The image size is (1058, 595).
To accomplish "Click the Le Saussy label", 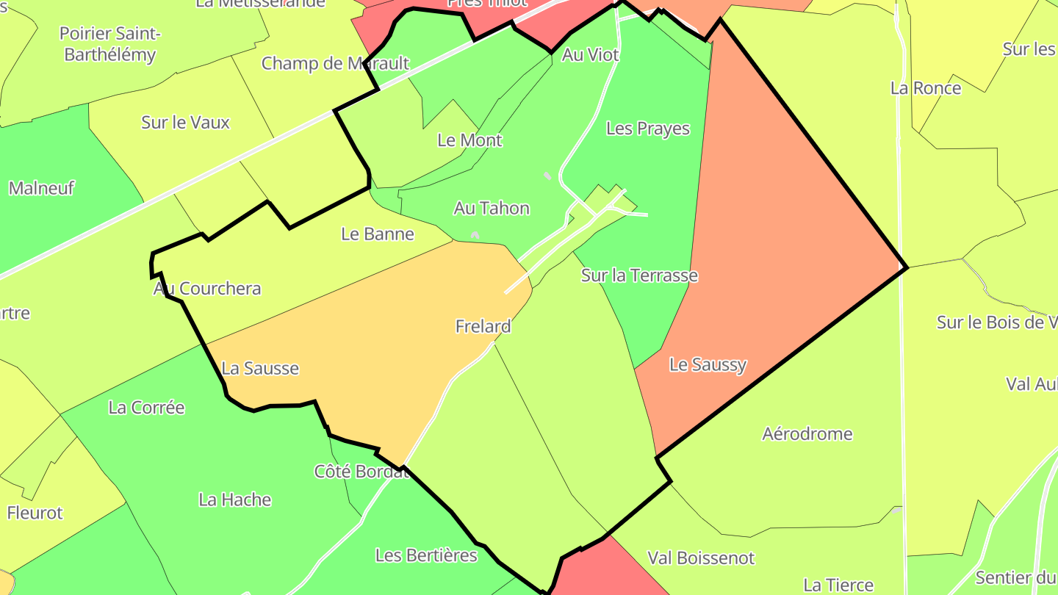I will click(708, 364).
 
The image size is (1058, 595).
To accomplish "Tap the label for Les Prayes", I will click(648, 129).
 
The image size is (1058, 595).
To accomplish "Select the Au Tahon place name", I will click(492, 209).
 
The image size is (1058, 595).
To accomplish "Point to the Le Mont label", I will click(469, 140).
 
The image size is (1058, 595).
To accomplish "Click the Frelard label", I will click(483, 326).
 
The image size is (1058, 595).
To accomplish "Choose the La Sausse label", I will click(260, 368).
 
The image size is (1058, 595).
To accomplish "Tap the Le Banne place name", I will click(378, 234).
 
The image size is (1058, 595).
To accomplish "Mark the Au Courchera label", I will click(207, 289).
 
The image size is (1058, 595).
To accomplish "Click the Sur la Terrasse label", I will click(639, 275).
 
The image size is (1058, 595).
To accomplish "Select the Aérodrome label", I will click(807, 434).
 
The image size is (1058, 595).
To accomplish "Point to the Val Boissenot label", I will click(701, 558).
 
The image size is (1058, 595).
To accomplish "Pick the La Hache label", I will click(235, 500).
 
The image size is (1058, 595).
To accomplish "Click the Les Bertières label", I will click(426, 555).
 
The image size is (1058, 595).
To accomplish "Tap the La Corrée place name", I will click(146, 408).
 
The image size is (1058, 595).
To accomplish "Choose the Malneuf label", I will click(42, 188).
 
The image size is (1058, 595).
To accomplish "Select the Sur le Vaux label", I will click(185, 123).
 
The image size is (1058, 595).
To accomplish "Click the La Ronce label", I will click(926, 88).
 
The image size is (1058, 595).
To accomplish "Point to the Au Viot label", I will click(591, 55).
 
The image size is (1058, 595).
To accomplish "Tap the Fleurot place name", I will click(35, 513).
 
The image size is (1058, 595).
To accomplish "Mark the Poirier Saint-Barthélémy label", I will click(109, 44).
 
